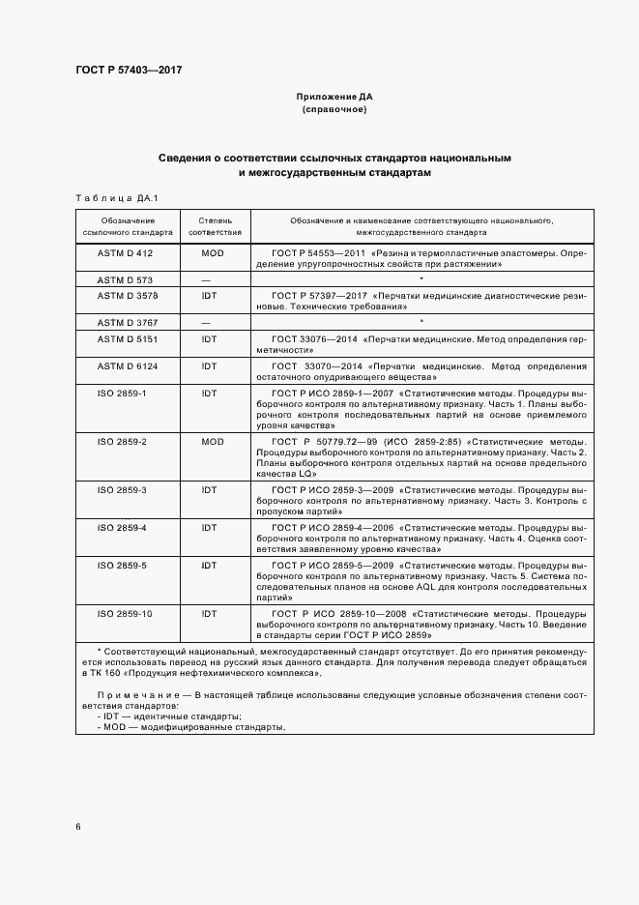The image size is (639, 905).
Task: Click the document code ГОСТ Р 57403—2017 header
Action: [x=129, y=70]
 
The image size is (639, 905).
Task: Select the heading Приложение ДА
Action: [x=334, y=98]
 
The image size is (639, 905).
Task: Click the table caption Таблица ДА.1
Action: [x=116, y=198]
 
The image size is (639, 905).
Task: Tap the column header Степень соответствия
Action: [x=216, y=226]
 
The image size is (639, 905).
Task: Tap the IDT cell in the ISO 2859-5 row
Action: [x=209, y=564]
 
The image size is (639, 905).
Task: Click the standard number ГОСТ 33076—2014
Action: [x=321, y=339]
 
